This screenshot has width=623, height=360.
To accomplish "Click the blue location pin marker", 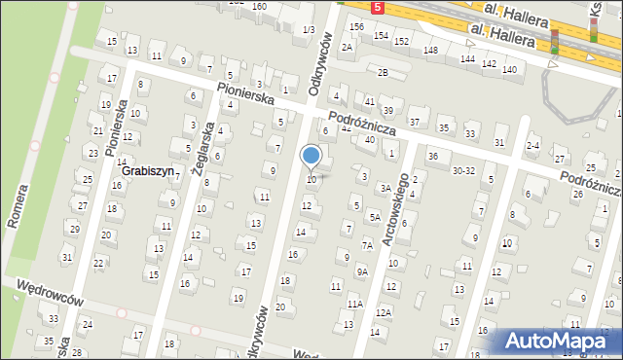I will click(x=311, y=156).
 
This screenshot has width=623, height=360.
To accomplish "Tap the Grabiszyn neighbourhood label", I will click(x=149, y=170).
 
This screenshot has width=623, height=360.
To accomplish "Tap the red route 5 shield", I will click(x=378, y=7).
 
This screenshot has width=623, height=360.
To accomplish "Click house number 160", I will click(x=259, y=6).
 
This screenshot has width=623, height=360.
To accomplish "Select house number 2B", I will click(x=383, y=73).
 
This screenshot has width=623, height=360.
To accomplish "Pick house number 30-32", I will click(x=463, y=170).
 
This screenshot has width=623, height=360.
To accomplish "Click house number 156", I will click(x=357, y=26).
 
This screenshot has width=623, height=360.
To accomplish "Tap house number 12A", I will click(x=384, y=312).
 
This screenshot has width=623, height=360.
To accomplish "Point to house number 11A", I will click(x=355, y=304).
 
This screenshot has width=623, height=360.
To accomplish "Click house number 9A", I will click(x=361, y=272).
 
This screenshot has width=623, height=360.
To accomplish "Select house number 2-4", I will click(x=532, y=146).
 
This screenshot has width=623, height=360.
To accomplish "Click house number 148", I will click(x=430, y=50).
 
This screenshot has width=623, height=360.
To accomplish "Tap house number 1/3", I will click(x=308, y=30).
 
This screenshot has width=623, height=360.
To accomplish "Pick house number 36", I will click(x=432, y=157).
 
